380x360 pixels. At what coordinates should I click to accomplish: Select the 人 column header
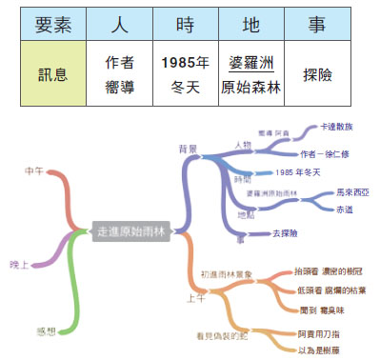point(118,23)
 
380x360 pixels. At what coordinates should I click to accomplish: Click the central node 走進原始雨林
point(130,230)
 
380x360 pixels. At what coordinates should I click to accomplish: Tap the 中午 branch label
point(36,170)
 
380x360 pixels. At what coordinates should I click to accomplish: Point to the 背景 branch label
point(188,149)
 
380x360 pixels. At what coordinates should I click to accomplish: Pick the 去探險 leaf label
point(284,232)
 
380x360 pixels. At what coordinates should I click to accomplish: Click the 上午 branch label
point(196,297)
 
